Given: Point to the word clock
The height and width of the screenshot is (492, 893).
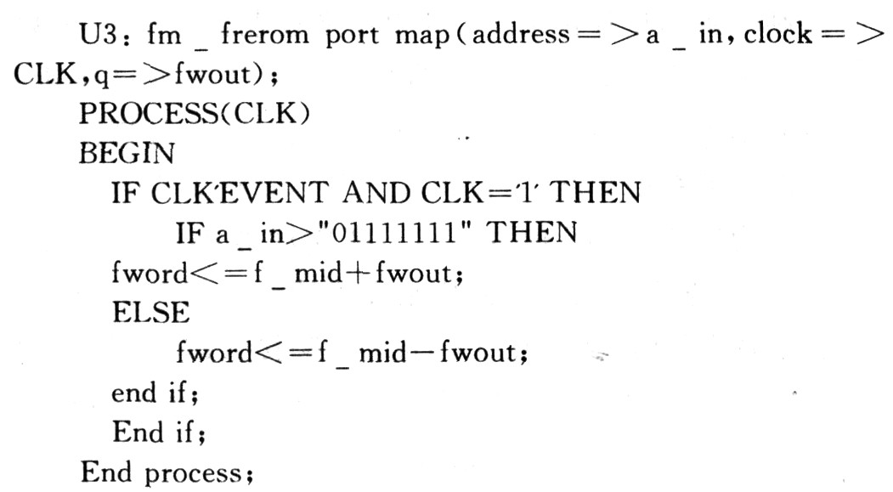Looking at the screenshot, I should (x=770, y=36).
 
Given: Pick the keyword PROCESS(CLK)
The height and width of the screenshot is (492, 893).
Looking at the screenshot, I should (x=193, y=114).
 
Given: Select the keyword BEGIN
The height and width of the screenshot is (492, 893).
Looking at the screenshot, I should (x=127, y=154).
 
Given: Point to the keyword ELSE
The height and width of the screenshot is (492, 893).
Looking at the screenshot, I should (x=151, y=311).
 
